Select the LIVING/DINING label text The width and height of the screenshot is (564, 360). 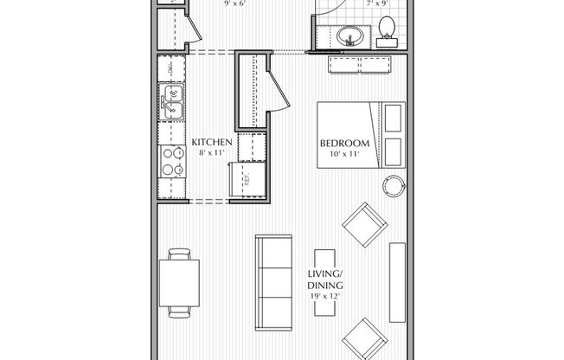point(326,282)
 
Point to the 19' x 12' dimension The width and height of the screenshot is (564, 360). point(326,297)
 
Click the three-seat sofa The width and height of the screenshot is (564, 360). point(276,280)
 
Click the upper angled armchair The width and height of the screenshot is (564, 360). point(363,226)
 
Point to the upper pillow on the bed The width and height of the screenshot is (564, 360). point(394,118)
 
